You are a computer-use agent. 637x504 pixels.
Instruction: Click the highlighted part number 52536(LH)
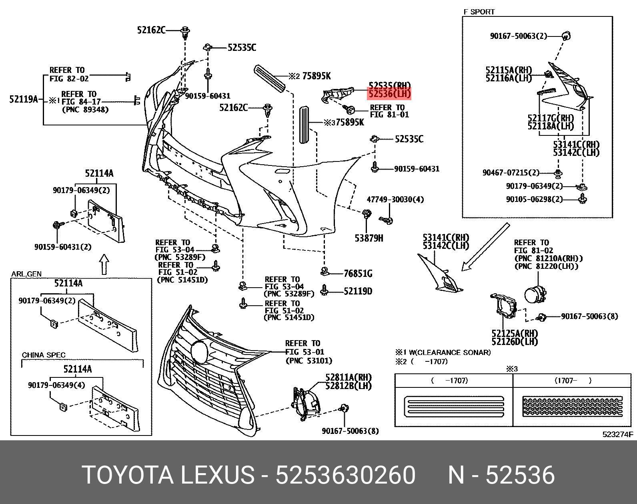point(389,94)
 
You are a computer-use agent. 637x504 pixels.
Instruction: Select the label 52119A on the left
point(24,99)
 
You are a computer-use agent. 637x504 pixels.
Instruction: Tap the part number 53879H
point(369,238)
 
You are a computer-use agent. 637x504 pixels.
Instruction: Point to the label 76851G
point(358,274)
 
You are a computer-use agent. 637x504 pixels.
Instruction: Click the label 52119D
point(358,291)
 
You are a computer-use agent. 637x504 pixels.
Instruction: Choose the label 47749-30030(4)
point(395,200)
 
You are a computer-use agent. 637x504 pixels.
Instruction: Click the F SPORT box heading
point(479,12)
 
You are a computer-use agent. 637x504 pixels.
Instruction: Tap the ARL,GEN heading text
point(26,274)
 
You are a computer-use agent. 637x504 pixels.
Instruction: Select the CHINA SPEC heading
point(44,355)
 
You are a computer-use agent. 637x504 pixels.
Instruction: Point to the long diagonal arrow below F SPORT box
point(485,247)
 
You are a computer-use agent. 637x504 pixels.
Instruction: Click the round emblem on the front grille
point(200,351)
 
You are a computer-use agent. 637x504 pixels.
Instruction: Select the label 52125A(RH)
point(515,334)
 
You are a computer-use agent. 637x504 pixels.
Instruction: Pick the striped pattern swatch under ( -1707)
point(454,406)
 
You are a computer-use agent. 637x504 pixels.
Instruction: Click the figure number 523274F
point(618,434)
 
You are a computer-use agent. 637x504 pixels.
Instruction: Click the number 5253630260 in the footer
point(346,476)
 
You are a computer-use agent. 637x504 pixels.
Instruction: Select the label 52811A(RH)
point(348,378)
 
